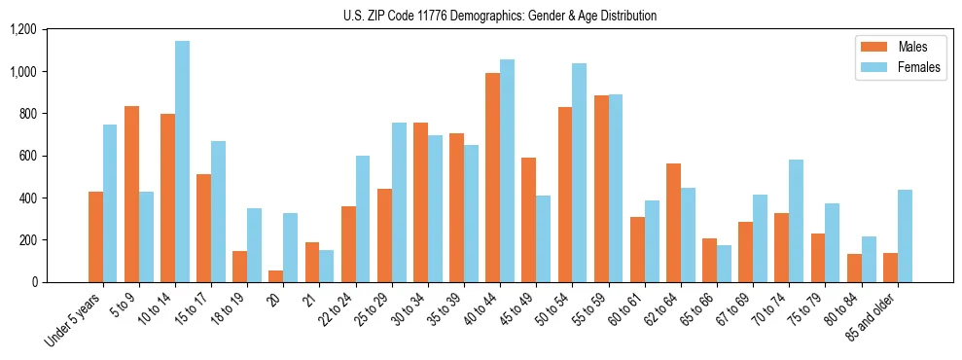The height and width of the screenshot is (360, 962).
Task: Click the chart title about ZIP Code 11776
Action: point(500,16)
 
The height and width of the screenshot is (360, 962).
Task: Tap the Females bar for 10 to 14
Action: point(182,162)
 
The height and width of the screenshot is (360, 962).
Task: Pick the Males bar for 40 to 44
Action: point(492,177)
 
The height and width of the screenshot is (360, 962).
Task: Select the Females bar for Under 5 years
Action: point(110,203)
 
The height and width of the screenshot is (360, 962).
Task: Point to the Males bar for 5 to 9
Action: point(131,194)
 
